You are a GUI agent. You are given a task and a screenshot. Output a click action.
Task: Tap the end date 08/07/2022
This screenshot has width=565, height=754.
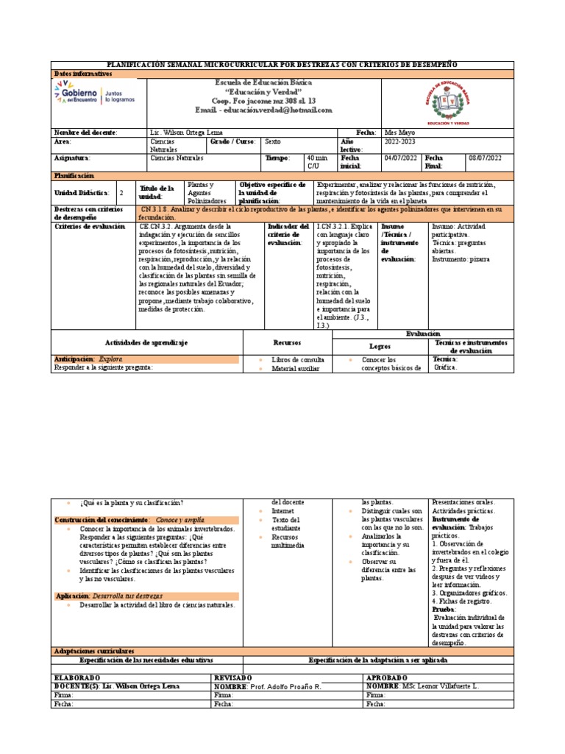pyautogui.click(x=486, y=158)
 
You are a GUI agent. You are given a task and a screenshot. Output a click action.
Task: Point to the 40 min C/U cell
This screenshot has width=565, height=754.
pyautogui.click(x=317, y=162)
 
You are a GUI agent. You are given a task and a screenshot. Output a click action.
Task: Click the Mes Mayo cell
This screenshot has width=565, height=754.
pyautogui.click(x=402, y=132)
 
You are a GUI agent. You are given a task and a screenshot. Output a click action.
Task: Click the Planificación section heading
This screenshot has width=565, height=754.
pyautogui.click(x=74, y=176)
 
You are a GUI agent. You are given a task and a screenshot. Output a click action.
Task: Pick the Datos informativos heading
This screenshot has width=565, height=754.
pyautogui.click(x=83, y=74)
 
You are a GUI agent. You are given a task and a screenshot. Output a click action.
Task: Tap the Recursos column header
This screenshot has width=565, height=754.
pyautogui.click(x=288, y=342)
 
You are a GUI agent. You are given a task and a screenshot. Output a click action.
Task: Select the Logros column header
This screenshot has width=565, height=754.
pyautogui.click(x=380, y=345)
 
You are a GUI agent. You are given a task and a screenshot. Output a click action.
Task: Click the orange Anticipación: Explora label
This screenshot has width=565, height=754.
pyautogui.click(x=88, y=359)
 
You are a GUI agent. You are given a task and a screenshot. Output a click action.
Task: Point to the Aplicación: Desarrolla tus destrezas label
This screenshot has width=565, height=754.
pyautogui.click(x=110, y=596)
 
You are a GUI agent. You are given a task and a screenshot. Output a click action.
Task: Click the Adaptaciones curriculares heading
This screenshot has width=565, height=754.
pyautogui.click(x=94, y=651)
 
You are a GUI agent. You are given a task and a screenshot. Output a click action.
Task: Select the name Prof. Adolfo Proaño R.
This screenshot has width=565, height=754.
pyautogui.click(x=282, y=686)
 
